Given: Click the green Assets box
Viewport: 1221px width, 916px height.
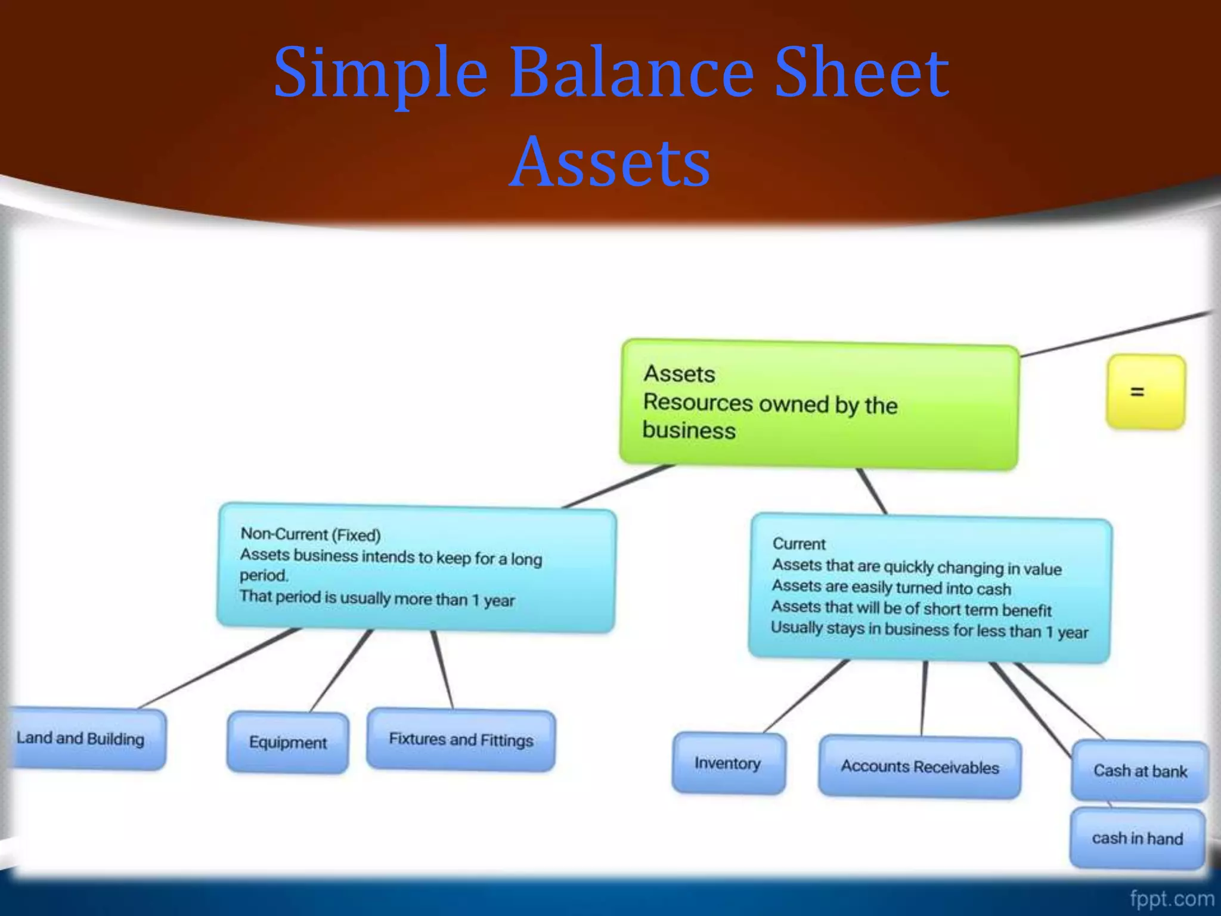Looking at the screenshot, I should pos(819,405).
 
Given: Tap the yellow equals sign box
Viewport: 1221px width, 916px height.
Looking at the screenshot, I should pos(1145,392).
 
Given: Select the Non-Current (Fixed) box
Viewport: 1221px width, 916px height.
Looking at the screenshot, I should pos(416,567).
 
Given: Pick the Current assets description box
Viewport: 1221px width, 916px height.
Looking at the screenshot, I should pos(930,588).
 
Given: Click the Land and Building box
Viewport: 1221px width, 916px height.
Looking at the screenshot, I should pos(83,739).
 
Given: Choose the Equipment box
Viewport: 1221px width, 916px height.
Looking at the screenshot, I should pos(288,742).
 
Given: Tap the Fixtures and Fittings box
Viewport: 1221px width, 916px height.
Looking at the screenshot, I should pos(461,739).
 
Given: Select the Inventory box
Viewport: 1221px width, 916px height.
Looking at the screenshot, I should pos(728,763).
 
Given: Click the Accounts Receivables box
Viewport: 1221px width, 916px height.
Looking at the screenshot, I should pos(919,767).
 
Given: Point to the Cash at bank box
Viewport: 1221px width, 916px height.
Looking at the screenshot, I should pos(1140,771).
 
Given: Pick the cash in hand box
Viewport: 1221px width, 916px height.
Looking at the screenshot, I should pos(1137,838).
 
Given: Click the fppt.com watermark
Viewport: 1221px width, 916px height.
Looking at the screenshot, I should pos(1172,898).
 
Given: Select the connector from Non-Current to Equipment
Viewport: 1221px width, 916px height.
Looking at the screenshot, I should pos(341,671).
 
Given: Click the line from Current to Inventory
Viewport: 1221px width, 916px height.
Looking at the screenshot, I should pos(805,697).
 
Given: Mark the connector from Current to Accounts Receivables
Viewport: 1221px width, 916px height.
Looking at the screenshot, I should pos(924,698).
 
